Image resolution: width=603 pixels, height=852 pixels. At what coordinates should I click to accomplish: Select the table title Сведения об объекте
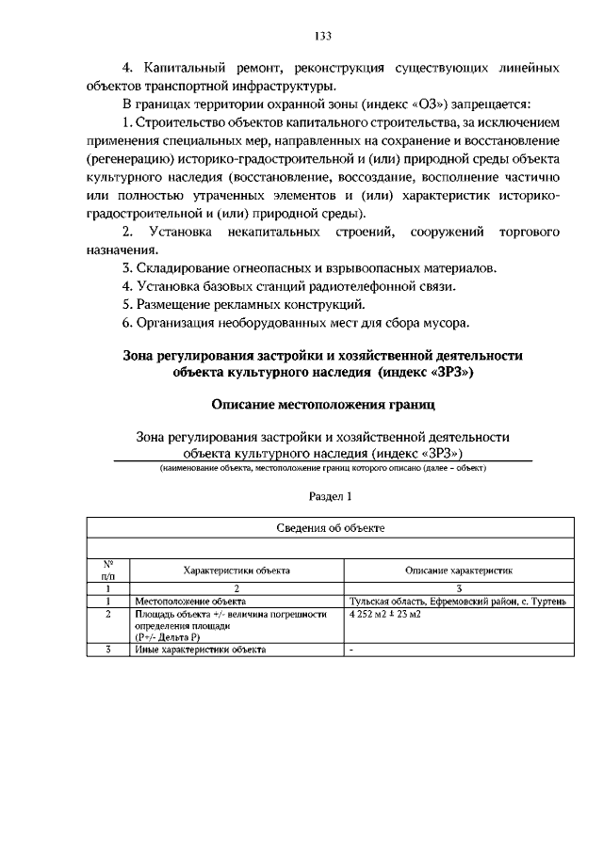coord(330,529)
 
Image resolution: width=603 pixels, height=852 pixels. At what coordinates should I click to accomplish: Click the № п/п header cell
coord(107,570)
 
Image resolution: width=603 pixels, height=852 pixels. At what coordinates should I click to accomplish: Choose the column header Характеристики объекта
coord(236,571)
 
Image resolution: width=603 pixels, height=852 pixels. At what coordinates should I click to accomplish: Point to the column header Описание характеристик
coord(459,571)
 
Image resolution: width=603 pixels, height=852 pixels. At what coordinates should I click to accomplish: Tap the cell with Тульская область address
coord(457,601)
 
